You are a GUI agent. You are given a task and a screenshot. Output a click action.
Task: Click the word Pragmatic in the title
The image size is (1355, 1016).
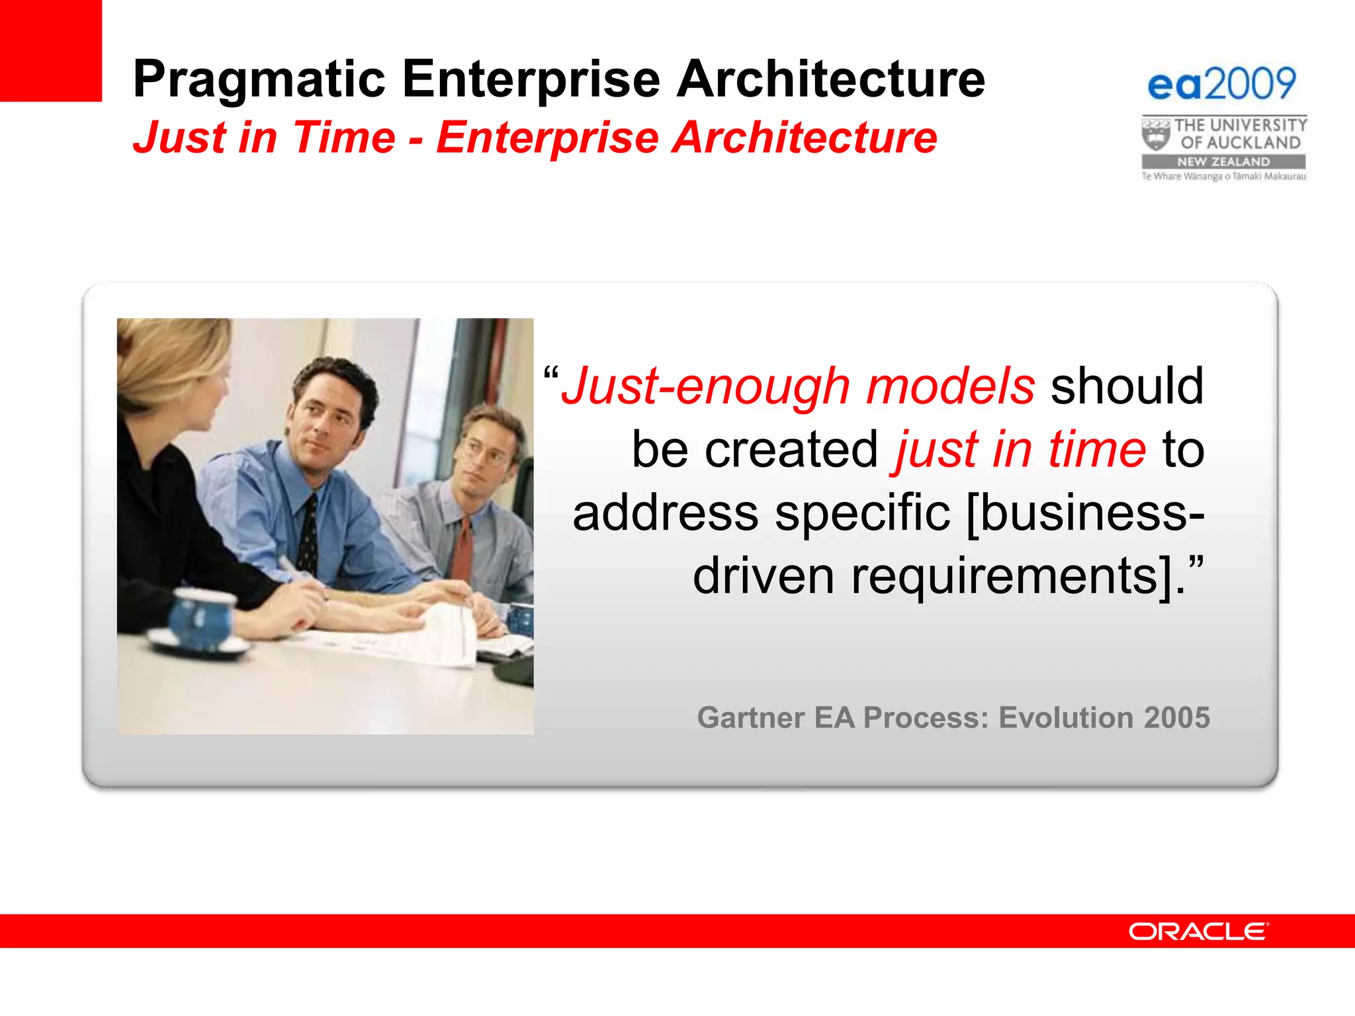coord(259,79)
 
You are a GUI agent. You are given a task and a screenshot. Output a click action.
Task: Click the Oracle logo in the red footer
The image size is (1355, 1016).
coord(1198,931)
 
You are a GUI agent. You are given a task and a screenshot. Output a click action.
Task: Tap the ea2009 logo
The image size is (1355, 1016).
coord(1221,84)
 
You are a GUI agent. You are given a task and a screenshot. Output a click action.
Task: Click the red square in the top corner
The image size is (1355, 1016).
coord(50,50)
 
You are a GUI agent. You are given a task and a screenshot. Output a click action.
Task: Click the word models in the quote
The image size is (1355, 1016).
coord(950,386)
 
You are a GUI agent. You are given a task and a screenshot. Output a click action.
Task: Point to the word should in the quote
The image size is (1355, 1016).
coord(1127,386)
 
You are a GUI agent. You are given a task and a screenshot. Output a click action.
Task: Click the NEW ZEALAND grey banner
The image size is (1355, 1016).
coord(1223,161)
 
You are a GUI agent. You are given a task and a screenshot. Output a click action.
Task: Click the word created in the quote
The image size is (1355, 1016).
coord(791,450)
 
